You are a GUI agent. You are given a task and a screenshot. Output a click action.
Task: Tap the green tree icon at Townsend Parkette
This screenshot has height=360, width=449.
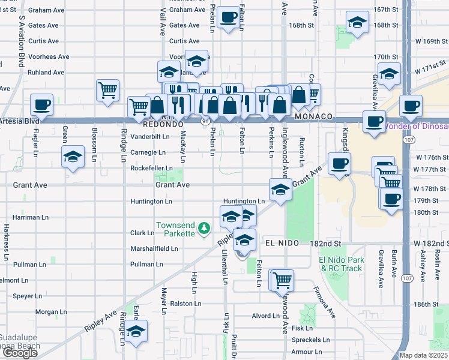205,228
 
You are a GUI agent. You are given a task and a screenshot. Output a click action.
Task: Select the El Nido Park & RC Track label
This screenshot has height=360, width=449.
342,264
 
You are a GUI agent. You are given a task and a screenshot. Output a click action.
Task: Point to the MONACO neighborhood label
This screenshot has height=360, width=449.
313,116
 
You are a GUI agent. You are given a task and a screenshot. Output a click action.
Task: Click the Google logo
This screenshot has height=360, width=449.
20,353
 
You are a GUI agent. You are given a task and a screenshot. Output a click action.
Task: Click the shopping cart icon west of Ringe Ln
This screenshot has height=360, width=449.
107,91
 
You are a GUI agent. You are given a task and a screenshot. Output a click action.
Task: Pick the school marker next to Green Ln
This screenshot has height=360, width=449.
73,157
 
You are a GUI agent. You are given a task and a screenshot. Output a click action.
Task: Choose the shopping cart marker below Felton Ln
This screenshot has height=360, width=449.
281,279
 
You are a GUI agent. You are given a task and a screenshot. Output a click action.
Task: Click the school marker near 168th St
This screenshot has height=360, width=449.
357,23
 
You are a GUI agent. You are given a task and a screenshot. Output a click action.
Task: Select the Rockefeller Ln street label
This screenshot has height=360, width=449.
151,169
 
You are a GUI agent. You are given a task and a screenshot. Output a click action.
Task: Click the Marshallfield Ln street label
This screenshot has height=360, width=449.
154,248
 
